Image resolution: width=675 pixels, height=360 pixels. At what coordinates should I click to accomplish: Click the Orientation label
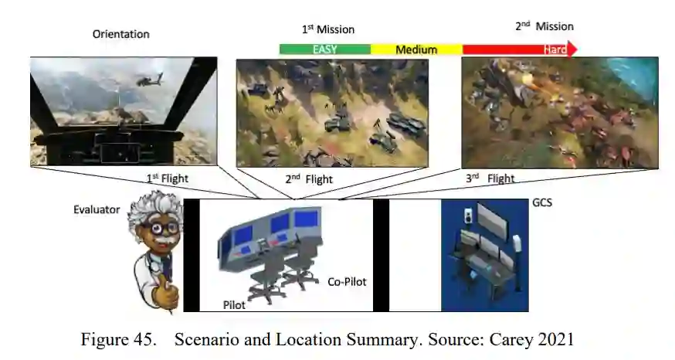[x=120, y=34]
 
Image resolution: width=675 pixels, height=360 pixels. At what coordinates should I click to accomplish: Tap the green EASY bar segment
[x=324, y=49]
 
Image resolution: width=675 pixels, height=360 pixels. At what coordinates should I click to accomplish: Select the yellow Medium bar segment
[x=416, y=49]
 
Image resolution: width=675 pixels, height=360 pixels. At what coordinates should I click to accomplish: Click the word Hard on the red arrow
[x=555, y=49]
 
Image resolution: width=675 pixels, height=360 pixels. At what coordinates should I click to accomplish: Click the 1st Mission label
[x=327, y=29]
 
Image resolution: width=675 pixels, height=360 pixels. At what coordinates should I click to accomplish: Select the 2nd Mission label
[x=544, y=26]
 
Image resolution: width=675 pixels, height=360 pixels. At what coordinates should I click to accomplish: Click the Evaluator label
[x=97, y=210]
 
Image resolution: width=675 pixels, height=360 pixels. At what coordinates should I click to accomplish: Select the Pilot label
[x=234, y=304]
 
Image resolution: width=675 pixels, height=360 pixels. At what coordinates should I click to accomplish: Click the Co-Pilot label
[x=347, y=280]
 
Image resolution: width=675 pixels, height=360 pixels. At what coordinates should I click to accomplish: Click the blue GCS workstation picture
[x=484, y=255]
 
